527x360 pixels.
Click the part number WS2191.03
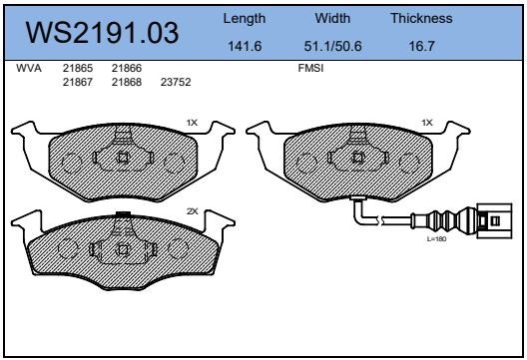click(102, 33)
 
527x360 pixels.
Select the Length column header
click(245, 19)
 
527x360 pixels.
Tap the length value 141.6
click(245, 46)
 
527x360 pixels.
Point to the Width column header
click(332, 18)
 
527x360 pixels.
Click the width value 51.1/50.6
click(332, 46)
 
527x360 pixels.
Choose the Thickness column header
click(421, 18)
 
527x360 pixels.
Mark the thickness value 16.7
click(422, 46)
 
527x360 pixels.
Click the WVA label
click(29, 68)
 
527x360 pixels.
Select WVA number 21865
click(78, 68)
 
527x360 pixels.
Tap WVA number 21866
click(127, 68)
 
